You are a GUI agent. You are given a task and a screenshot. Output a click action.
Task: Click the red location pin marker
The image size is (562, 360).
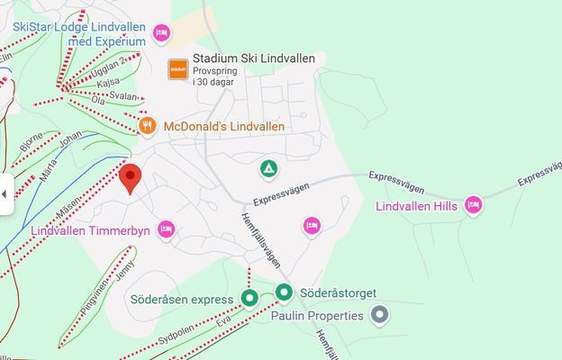click(x=131, y=177)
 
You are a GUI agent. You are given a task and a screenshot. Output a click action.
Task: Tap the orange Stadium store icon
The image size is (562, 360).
click(x=178, y=68)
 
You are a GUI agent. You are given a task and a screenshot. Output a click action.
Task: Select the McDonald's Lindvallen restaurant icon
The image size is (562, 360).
click(x=149, y=126)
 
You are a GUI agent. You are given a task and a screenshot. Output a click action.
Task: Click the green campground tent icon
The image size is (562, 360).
click(x=268, y=168)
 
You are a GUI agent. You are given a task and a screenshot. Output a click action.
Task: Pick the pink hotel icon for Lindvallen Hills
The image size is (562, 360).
click(x=474, y=206)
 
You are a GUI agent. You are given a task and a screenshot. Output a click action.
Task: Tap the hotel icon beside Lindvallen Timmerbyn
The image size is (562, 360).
click(x=166, y=230)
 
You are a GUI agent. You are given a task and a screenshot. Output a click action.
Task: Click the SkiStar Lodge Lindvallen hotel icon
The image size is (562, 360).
click(x=160, y=33)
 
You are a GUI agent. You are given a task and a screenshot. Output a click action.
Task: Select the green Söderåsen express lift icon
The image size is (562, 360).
click(x=250, y=299)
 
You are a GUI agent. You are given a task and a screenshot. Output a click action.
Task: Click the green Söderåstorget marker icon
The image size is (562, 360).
click(x=285, y=292)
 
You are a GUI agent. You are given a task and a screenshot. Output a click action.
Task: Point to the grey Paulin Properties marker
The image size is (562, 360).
click(x=381, y=315)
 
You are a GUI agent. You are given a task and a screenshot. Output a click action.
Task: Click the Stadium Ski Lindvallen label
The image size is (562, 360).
click(x=254, y=58)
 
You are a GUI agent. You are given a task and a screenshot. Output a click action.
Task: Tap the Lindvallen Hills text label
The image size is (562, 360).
click(x=416, y=207)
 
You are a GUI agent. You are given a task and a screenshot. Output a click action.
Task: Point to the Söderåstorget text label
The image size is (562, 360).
click(x=338, y=293)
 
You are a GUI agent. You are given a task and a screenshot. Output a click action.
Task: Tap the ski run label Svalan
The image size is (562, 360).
click(x=123, y=96)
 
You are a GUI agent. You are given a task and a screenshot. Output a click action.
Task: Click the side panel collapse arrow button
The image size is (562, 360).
click(x=5, y=193)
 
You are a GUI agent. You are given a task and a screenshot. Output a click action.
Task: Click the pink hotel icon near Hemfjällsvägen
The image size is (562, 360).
click(x=312, y=225)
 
